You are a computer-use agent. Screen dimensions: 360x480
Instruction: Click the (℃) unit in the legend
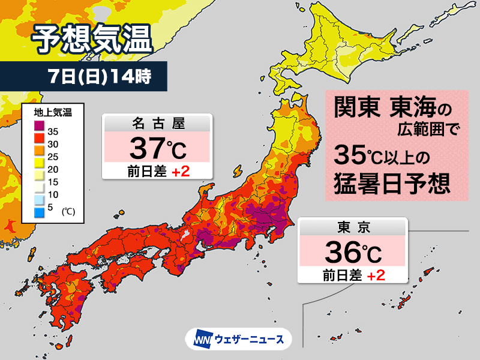[x=68, y=211]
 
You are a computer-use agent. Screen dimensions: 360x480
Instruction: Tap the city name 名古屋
[x=157, y=124]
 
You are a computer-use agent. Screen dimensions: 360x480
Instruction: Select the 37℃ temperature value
[x=157, y=146]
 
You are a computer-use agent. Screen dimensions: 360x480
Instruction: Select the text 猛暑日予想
[x=392, y=182]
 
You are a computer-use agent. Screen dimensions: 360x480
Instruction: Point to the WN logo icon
[x=200, y=340]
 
